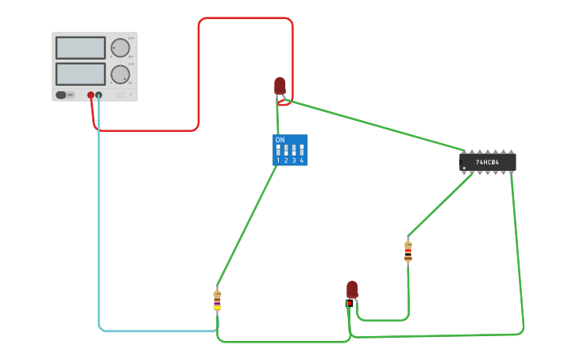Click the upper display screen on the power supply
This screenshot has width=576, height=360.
coord(80,48)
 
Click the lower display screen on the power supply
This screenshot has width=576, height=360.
coord(80,74)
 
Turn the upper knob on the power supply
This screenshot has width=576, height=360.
coord(120,48)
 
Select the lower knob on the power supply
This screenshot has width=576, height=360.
coord(120,75)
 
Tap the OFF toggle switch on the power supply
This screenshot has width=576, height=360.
coord(65,95)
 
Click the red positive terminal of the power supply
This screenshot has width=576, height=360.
coord(91,95)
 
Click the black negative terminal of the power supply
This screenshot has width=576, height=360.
coord(99,95)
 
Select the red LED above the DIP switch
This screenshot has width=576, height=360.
coord(280,85)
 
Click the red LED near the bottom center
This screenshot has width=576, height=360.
coord(352,289)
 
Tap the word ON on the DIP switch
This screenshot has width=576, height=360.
coord(280,140)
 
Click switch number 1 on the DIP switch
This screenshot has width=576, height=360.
coord(278,150)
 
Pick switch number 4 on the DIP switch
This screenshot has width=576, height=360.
coord(302,150)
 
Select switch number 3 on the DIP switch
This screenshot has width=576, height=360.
coord(294,150)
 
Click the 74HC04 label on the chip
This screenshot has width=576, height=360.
coord(487,162)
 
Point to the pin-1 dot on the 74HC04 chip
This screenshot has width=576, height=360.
coord(464,168)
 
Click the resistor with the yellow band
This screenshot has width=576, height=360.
coord(217,300)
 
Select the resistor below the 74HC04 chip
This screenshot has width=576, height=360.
coord(408,251)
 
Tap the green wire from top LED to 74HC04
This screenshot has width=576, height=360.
coord(373,125)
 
